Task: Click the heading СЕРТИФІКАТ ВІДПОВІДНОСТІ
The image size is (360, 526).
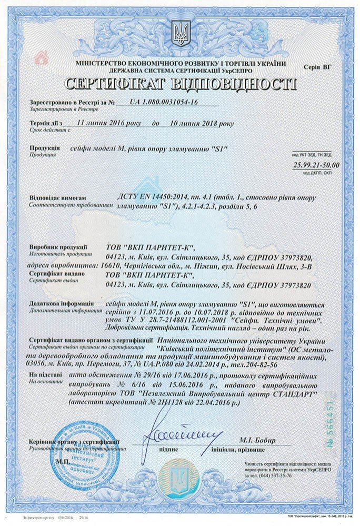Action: click(x=180, y=85)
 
